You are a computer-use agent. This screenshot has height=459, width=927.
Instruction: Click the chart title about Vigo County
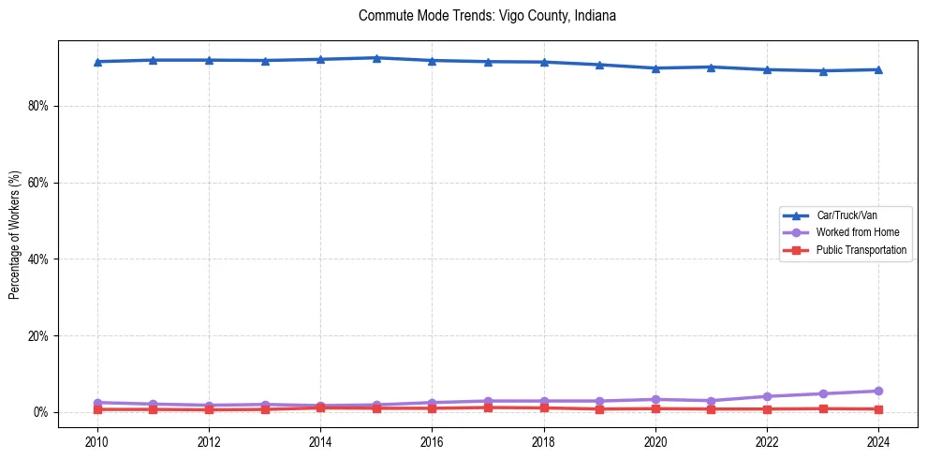pyautogui.click(x=487, y=16)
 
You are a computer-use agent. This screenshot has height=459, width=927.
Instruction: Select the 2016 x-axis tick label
pyautogui.click(x=432, y=440)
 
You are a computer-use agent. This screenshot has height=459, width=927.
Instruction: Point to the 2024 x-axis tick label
pyautogui.click(x=878, y=440)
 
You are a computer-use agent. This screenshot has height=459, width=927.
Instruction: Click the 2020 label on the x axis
pyautogui.click(x=655, y=440)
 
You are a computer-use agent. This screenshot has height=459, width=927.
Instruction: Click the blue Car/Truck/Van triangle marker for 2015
pyautogui.click(x=376, y=58)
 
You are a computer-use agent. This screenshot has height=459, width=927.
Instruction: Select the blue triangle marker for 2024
pyautogui.click(x=878, y=69)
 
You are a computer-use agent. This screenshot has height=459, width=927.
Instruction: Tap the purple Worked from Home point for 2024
pyautogui.click(x=878, y=391)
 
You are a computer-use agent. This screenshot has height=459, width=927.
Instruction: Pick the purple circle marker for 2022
pyautogui.click(x=767, y=396)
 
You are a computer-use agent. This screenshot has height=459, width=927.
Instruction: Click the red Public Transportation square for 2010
pyautogui.click(x=97, y=409)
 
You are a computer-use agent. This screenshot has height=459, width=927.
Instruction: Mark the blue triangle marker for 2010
pyautogui.click(x=97, y=62)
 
